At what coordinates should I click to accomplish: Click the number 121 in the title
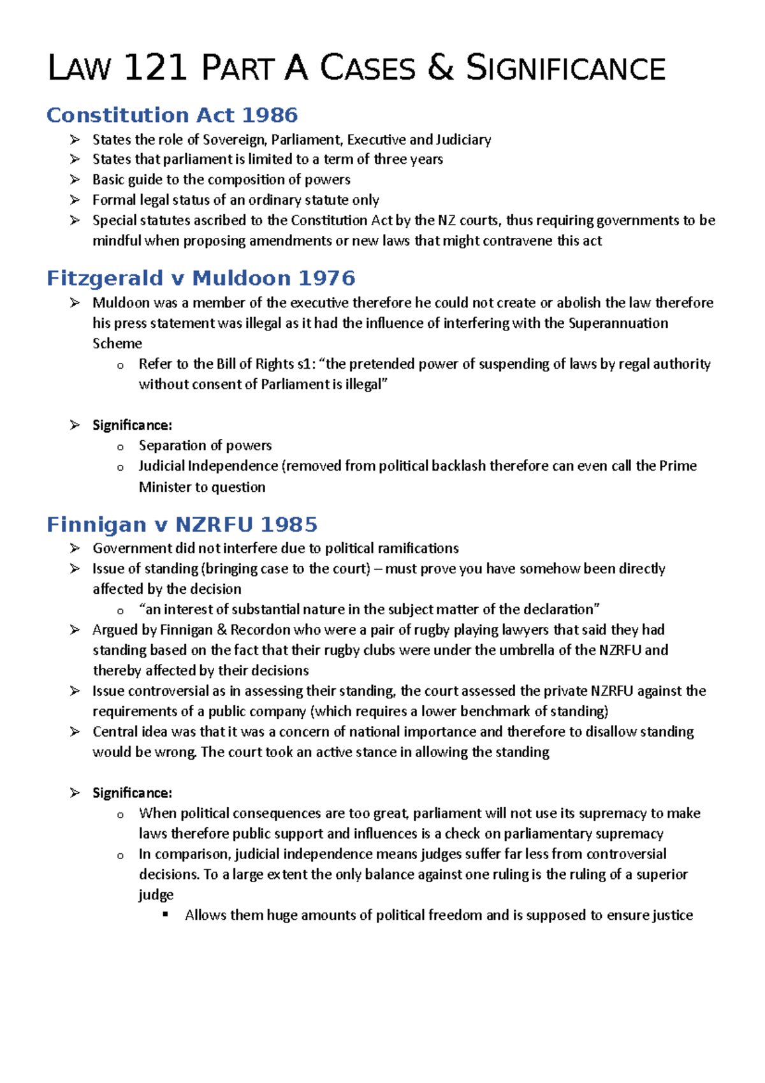[156, 68]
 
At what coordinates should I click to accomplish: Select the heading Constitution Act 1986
[172, 115]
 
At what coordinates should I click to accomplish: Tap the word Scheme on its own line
[117, 344]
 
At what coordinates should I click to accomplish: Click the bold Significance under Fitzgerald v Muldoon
[132, 425]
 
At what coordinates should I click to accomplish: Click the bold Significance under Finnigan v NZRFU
[132, 793]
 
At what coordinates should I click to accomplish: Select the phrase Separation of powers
[205, 446]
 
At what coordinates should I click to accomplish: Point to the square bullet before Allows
[166, 915]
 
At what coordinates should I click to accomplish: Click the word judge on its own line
[156, 895]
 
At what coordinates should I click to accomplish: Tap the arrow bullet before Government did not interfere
[75, 549]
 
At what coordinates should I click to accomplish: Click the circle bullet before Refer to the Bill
[120, 365]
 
